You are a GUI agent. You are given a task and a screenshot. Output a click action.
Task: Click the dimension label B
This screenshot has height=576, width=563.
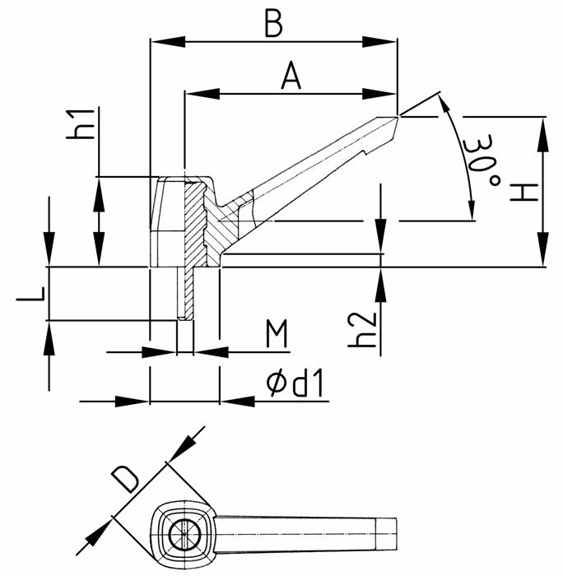273,24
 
